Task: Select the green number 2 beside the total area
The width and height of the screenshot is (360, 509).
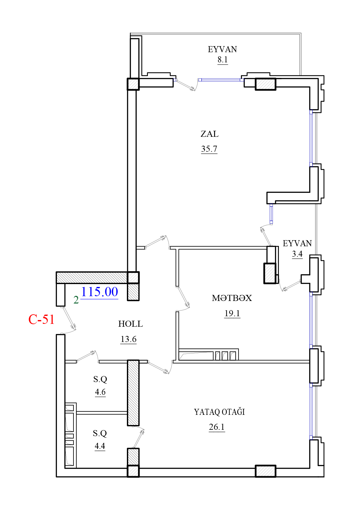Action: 76,300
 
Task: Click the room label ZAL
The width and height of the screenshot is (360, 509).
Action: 209,134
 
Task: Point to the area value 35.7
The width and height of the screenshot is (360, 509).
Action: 209,149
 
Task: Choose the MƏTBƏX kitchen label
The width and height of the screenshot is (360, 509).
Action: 232,298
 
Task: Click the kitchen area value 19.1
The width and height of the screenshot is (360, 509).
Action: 232,313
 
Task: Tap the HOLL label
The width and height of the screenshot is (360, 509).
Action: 130,324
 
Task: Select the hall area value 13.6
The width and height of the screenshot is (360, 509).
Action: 128,339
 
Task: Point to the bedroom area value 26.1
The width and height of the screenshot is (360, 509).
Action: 217,427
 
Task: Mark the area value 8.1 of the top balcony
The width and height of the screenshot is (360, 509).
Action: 223,59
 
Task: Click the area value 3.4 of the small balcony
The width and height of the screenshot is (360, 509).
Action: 297,254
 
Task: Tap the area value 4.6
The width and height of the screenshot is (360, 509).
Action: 100,392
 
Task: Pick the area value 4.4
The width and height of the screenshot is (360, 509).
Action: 100,446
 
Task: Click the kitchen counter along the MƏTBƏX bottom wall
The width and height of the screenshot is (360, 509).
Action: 209,354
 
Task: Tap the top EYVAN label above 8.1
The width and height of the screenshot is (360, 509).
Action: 222,49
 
